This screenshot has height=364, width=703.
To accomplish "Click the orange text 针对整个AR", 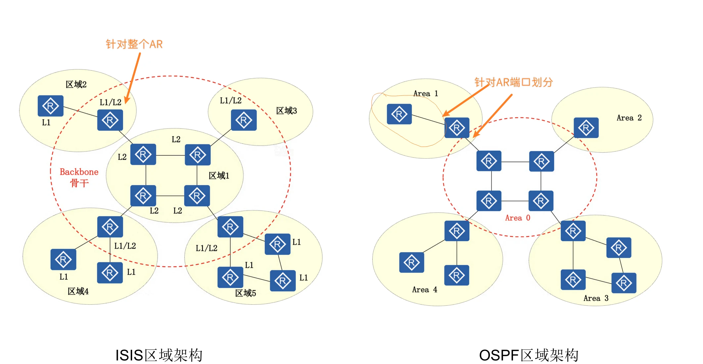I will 134,44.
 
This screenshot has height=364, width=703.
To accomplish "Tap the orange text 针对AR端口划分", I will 513,82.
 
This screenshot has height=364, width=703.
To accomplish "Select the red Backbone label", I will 79,172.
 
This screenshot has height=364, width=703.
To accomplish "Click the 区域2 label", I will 76,84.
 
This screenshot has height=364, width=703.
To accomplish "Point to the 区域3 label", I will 286,111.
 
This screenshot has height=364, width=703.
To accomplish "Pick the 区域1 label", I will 219,176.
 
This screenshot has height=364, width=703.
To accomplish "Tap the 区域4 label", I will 78,291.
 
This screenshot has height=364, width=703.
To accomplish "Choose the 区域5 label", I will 245,293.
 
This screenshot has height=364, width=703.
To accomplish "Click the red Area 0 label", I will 518,218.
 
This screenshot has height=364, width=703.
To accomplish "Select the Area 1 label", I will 426,94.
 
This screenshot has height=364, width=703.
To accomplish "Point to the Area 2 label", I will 629,118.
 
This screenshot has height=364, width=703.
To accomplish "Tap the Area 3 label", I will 596,298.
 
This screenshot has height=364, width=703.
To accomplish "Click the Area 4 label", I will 425,290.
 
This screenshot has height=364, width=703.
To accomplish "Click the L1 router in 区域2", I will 50,106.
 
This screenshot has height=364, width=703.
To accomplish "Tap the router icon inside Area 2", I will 586,128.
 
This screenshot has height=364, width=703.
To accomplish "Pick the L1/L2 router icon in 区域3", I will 244,120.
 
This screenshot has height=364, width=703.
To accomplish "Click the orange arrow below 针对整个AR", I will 133,78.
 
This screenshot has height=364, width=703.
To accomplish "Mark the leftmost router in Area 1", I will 399,114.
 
